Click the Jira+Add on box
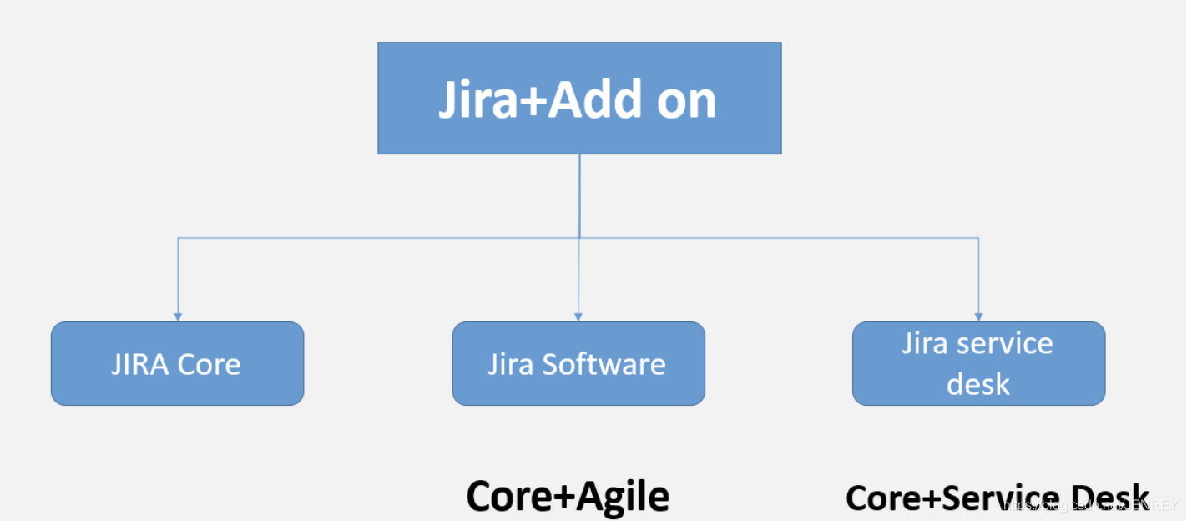click(x=579, y=98)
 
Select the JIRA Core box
click(x=177, y=363)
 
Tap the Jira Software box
click(x=578, y=363)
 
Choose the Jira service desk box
click(x=978, y=363)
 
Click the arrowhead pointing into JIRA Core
click(x=177, y=316)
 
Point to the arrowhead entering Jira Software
click(x=578, y=316)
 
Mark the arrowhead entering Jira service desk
click(x=978, y=316)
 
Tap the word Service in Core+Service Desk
click(x=1008, y=498)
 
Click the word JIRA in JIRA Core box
click(x=138, y=364)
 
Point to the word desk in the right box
click(x=978, y=384)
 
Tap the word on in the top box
click(x=686, y=101)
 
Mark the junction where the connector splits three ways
click(x=579, y=238)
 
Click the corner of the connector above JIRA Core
click(x=177, y=238)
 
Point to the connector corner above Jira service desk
click(x=978, y=238)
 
